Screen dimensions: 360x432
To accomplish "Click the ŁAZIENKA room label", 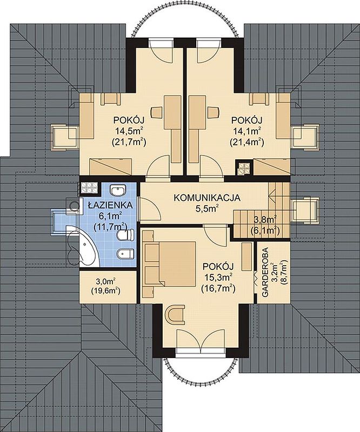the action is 110,205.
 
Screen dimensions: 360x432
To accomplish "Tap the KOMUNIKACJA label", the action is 207,198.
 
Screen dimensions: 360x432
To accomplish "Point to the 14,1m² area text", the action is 246,131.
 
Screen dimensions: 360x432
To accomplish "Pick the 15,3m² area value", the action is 218,277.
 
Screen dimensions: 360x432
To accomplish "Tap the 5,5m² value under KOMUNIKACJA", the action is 207,208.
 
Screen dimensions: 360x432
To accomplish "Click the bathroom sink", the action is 118,191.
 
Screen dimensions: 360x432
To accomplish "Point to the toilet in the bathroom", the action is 125,235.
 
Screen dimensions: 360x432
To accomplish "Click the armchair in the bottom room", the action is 176,315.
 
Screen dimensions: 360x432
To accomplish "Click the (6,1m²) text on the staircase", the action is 265,231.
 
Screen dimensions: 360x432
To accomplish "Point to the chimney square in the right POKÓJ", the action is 244,168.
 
